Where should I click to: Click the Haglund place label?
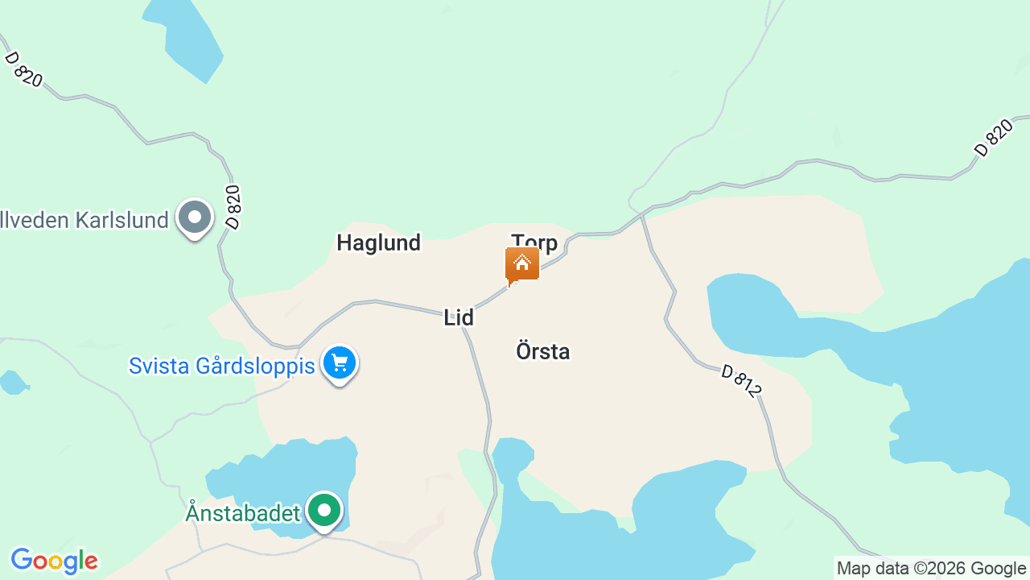pyautogui.click(x=378, y=242)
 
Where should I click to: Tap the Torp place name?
pyautogui.click(x=534, y=242)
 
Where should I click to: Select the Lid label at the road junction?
pyautogui.click(x=459, y=317)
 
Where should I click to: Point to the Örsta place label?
pyautogui.click(x=542, y=351)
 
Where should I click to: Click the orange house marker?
pyautogui.click(x=522, y=265)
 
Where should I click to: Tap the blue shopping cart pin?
pyautogui.click(x=340, y=363)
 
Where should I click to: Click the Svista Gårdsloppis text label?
pyautogui.click(x=221, y=366)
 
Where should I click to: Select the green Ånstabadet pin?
pyautogui.click(x=324, y=511)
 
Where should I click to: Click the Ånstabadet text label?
pyautogui.click(x=243, y=512)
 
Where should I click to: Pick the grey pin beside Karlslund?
pyautogui.click(x=194, y=217)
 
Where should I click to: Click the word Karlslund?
pyautogui.click(x=122, y=220)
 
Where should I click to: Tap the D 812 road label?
pyautogui.click(x=740, y=381)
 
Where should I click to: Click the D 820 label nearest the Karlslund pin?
pyautogui.click(x=233, y=208)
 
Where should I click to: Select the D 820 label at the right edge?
pyautogui.click(x=993, y=138)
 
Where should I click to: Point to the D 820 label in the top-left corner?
pyautogui.click(x=23, y=69)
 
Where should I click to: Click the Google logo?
pyautogui.click(x=54, y=561)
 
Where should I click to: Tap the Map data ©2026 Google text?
pyautogui.click(x=931, y=568)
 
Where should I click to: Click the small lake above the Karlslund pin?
pyautogui.click(x=185, y=36)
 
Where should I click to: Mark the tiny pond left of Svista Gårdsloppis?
pyautogui.click(x=12, y=382)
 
